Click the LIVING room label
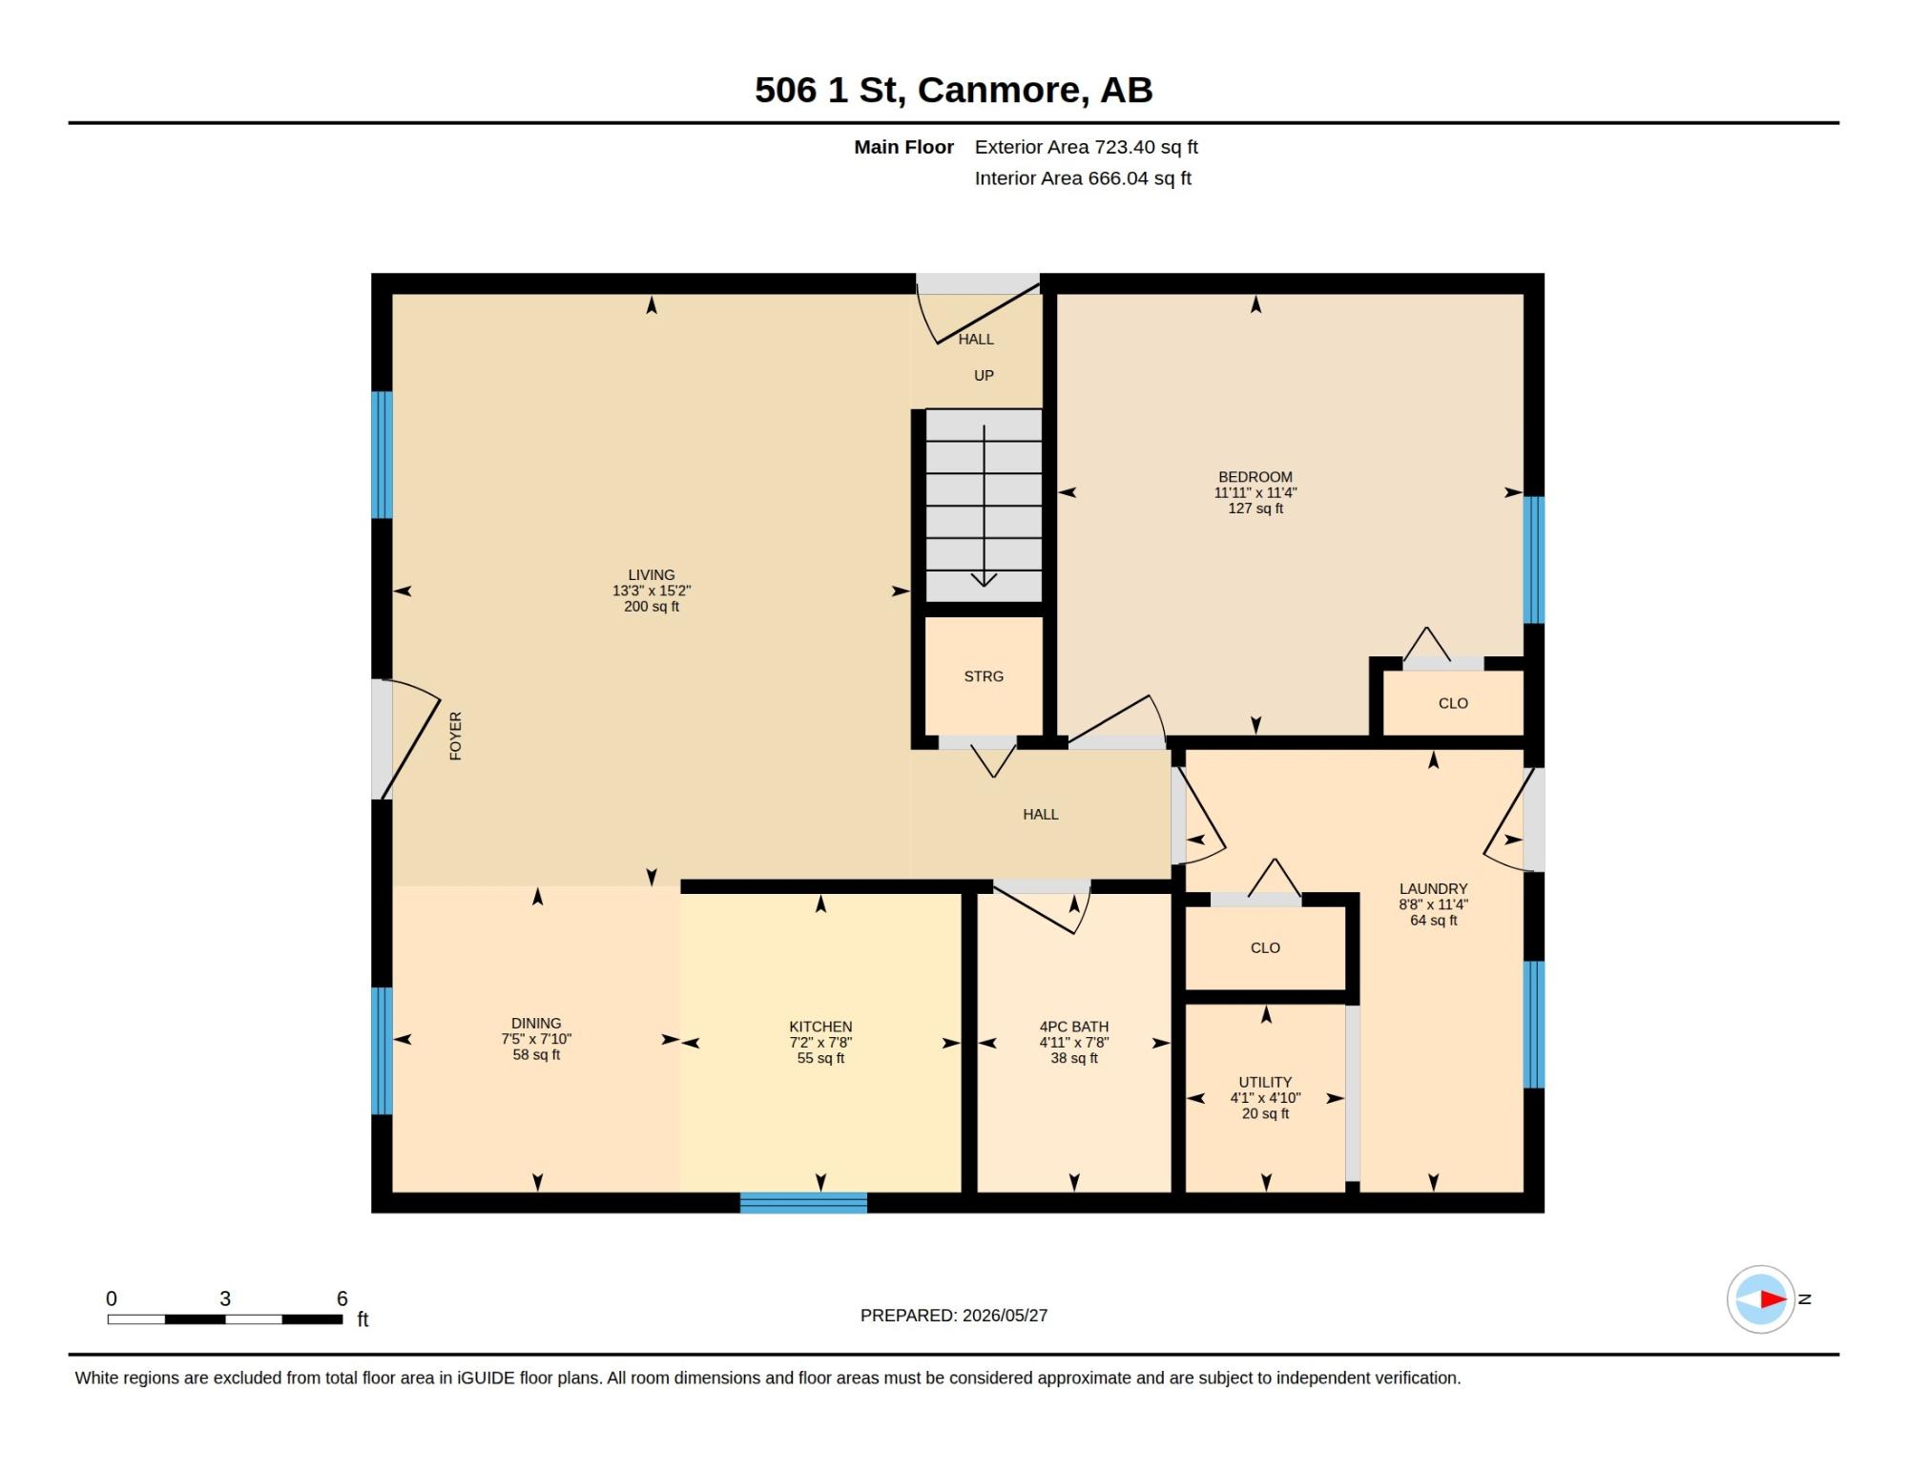tap(652, 574)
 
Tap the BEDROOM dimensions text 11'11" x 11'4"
tap(1255, 492)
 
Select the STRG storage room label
tap(984, 676)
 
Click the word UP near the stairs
tap(984, 376)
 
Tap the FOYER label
tap(455, 736)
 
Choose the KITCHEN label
tap(820, 1027)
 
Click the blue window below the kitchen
tap(803, 1202)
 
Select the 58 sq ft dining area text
tap(536, 1054)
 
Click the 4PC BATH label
tap(1074, 1027)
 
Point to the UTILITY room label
tap(1265, 1082)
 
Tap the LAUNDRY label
tap(1433, 888)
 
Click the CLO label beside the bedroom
tap(1453, 703)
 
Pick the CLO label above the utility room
tap(1265, 947)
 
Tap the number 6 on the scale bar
tap(342, 1298)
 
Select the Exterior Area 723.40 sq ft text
tap(1086, 147)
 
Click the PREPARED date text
tap(954, 1316)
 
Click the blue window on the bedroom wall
tap(1534, 559)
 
